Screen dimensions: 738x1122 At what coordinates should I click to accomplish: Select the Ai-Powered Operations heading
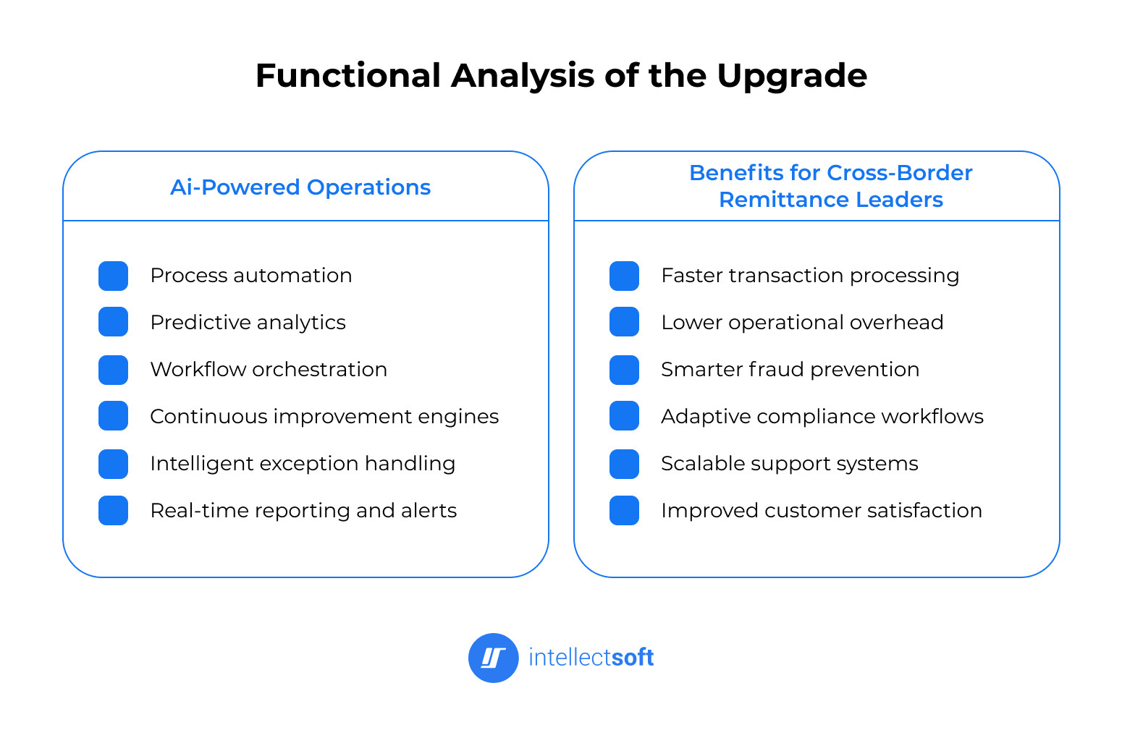pos(300,187)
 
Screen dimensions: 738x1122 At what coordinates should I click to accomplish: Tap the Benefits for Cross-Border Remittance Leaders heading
pos(830,186)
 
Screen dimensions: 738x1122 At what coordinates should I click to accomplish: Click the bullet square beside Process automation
pos(113,276)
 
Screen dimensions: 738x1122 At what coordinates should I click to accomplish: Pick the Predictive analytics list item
pos(248,323)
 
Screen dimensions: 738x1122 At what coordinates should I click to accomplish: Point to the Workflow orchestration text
pos(269,370)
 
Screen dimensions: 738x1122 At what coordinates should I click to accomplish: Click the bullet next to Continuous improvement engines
pos(113,416)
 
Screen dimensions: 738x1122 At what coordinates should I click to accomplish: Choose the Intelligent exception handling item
pos(303,464)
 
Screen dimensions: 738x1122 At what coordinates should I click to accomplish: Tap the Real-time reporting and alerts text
pos(303,511)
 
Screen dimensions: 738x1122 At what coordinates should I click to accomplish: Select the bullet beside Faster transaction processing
pos(624,276)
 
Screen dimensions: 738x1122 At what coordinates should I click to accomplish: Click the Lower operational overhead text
pos(802,323)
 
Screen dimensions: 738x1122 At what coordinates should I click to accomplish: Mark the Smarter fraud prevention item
pos(790,370)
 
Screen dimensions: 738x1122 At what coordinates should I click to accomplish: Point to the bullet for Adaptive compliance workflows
pos(624,416)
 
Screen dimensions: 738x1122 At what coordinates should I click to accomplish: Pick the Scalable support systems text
pos(789,464)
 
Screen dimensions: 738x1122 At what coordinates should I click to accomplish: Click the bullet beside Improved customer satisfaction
pos(624,511)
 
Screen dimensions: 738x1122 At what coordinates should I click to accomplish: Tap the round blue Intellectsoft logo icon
pos(494,658)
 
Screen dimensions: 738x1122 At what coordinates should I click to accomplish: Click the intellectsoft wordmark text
pos(591,658)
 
